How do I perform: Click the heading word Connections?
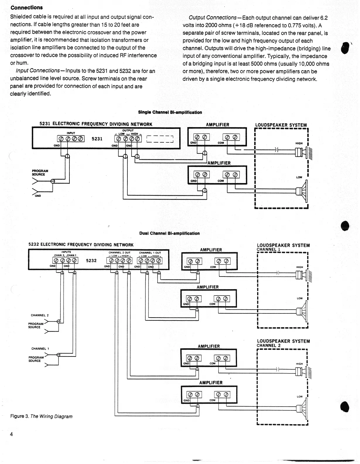tap(27, 8)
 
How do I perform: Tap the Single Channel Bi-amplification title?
tap(170, 112)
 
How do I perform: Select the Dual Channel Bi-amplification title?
tap(169, 233)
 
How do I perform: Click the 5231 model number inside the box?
tap(97, 139)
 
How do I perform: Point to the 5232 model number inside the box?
tap(91, 260)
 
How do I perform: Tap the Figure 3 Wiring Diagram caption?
tap(41, 416)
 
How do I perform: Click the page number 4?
tap(11, 434)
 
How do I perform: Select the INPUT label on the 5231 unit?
tap(71, 133)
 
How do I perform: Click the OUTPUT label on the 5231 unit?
tap(128, 130)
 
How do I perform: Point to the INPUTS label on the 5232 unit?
tap(66, 252)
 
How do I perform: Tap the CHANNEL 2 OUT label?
tap(120, 253)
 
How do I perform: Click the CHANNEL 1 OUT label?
tap(150, 253)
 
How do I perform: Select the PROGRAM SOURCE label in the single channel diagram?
tap(40, 173)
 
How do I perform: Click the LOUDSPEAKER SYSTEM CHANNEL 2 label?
tap(283, 343)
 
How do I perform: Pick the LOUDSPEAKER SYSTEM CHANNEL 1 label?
tap(283, 247)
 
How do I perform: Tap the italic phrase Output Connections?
tap(212, 18)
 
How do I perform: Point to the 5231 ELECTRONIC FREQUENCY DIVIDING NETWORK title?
tap(96, 124)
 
